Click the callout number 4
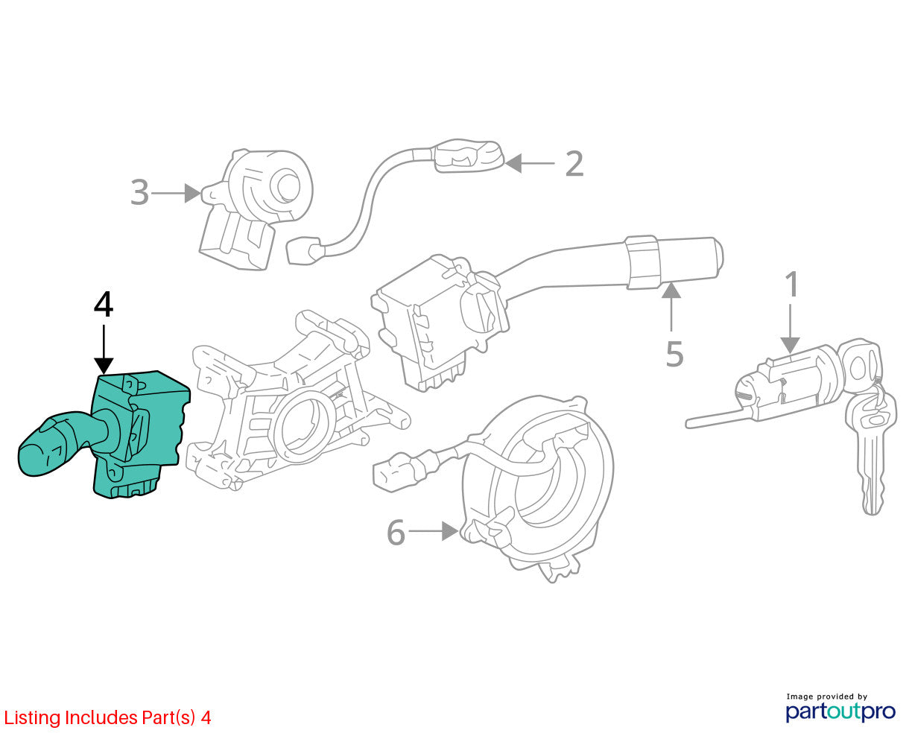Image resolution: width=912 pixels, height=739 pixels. (104, 305)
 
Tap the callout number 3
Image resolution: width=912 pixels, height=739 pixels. (139, 193)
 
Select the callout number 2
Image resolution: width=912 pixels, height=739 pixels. (574, 163)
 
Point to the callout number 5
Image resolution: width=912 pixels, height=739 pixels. (674, 354)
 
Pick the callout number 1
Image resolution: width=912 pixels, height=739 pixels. (793, 284)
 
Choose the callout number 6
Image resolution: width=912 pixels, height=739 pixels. (396, 532)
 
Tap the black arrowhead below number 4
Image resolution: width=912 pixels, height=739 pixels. (104, 365)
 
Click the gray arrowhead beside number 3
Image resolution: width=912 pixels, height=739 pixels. (192, 193)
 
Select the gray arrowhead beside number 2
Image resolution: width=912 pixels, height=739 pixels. (513, 163)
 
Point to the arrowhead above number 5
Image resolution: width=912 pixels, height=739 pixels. (671, 290)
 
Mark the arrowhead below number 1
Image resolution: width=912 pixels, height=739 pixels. (790, 345)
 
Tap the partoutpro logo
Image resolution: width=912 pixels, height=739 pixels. (840, 711)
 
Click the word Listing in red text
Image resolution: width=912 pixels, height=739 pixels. (32, 718)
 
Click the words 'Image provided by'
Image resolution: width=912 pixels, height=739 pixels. (827, 697)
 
